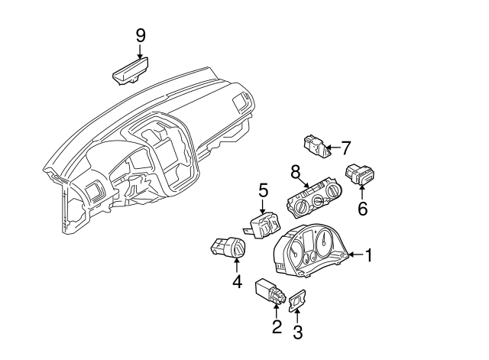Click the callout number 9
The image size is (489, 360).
click(x=140, y=34)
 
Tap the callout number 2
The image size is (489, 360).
click(x=276, y=329)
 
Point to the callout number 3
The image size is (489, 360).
click(x=298, y=332)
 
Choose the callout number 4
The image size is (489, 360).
click(x=237, y=282)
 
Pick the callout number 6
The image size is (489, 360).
click(x=362, y=207)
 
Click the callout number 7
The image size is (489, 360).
click(x=345, y=147)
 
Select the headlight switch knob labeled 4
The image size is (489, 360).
click(x=227, y=248)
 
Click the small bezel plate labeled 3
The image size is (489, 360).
click(x=296, y=303)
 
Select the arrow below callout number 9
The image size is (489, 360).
click(x=140, y=52)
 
